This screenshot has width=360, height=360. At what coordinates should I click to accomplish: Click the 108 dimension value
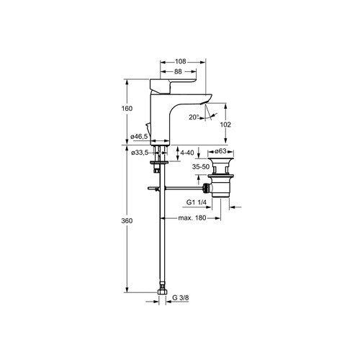click(x=180, y=62)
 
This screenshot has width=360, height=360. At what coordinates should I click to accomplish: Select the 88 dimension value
click(x=178, y=71)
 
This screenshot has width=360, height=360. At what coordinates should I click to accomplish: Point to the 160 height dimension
click(x=127, y=109)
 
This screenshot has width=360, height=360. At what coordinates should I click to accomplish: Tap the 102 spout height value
click(x=225, y=125)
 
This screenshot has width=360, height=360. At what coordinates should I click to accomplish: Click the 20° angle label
click(x=194, y=117)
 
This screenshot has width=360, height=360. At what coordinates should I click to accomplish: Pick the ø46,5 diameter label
click(x=139, y=137)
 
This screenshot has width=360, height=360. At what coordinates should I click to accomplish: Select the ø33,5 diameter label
click(x=140, y=153)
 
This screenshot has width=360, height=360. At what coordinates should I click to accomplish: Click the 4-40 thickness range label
click(x=187, y=153)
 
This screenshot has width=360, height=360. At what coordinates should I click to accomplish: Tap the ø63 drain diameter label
click(x=220, y=151)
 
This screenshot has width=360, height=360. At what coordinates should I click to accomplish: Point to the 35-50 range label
click(x=201, y=167)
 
